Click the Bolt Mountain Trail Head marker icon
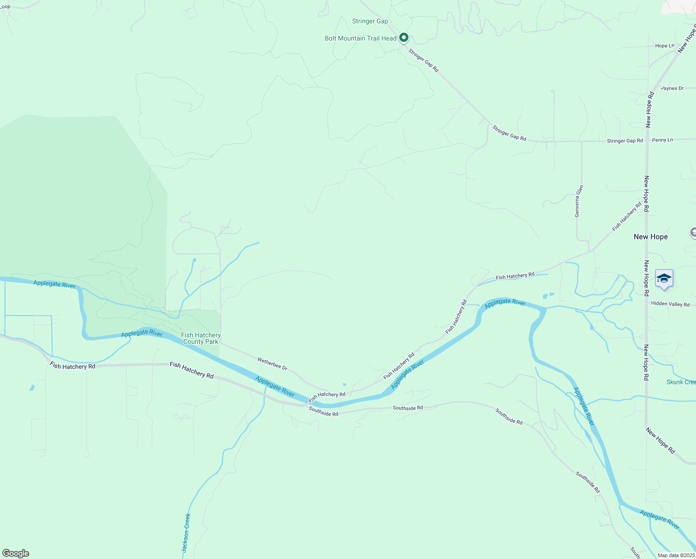pyautogui.click(x=404, y=37)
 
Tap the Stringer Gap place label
pyautogui.click(x=370, y=21)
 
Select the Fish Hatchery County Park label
pyautogui.click(x=201, y=338)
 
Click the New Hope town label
pyautogui.click(x=650, y=237)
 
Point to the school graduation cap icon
pyautogui.click(x=664, y=279)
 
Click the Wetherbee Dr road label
pyautogui.click(x=272, y=363)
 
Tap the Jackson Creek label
pyautogui.click(x=186, y=533)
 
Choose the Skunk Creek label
pyautogui.click(x=681, y=382)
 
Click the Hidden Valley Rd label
pyautogui.click(x=670, y=304)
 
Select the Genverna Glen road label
pyautogui.click(x=579, y=201)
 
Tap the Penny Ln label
pyautogui.click(x=663, y=140)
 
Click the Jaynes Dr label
pyautogui.click(x=672, y=88)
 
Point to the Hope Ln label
pyautogui.click(x=664, y=46)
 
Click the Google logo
pyautogui.click(x=16, y=553)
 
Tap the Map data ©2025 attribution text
pyautogui.click(x=676, y=555)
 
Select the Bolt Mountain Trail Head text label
pyautogui.click(x=361, y=38)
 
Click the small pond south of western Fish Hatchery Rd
pyautogui.click(x=32, y=388)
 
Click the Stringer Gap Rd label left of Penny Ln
pyautogui.click(x=624, y=141)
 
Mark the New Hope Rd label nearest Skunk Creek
pyautogui.click(x=646, y=363)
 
